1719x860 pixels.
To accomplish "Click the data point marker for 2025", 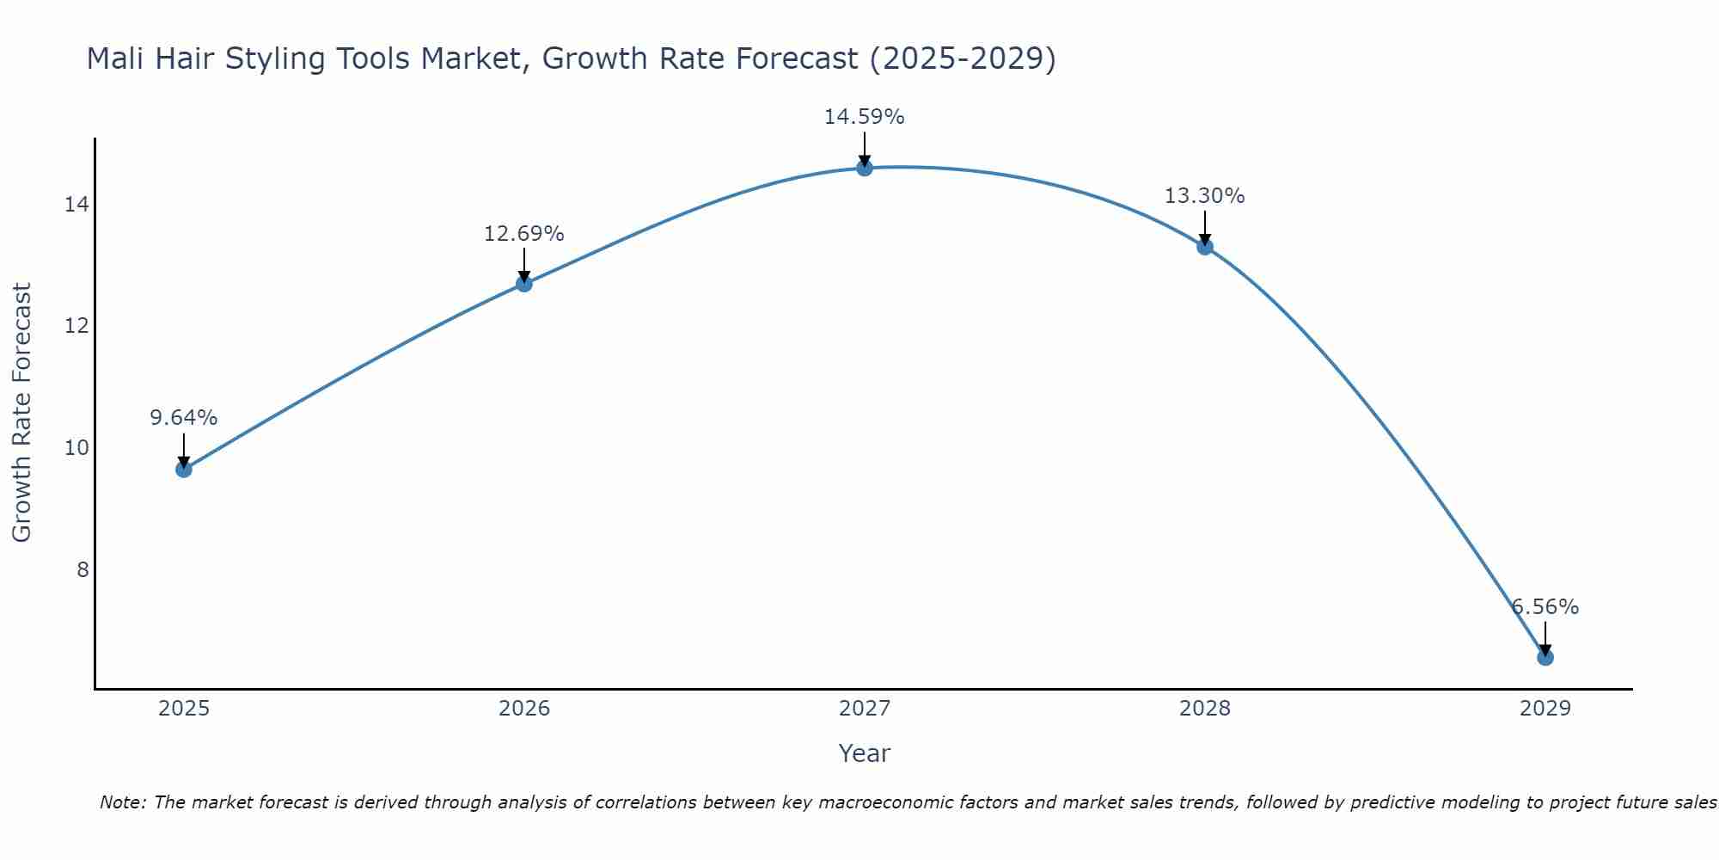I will (x=184, y=469).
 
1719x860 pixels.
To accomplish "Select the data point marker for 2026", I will (x=524, y=284).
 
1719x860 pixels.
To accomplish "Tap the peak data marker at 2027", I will (x=865, y=168).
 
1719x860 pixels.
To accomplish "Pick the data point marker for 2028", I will (x=1205, y=247).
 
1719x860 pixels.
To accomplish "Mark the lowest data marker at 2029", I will (x=1545, y=657).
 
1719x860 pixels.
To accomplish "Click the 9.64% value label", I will (x=184, y=418).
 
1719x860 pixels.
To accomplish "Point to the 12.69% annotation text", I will (x=524, y=234).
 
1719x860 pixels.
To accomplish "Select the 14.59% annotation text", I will (x=865, y=117).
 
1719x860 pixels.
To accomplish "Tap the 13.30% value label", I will (x=1205, y=196).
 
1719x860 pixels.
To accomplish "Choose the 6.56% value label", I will (x=1545, y=607).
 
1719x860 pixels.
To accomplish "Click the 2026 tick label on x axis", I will (x=524, y=709).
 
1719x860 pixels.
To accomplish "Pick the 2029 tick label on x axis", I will (x=1545, y=709).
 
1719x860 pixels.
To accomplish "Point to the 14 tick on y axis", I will (x=76, y=205).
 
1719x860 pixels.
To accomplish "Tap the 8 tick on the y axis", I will (x=83, y=569).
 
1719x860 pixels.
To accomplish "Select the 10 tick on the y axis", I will (x=76, y=448).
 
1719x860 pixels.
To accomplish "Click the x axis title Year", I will (x=865, y=753).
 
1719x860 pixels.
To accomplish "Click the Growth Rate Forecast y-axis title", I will (x=22, y=413).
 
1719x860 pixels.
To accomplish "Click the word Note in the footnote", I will (x=123, y=802).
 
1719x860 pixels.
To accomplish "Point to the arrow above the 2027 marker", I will (x=865, y=148).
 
